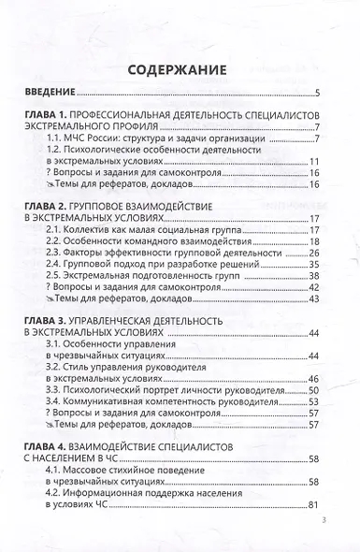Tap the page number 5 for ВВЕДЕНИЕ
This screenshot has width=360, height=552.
tap(318, 93)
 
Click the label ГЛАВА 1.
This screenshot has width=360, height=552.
tap(50, 114)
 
